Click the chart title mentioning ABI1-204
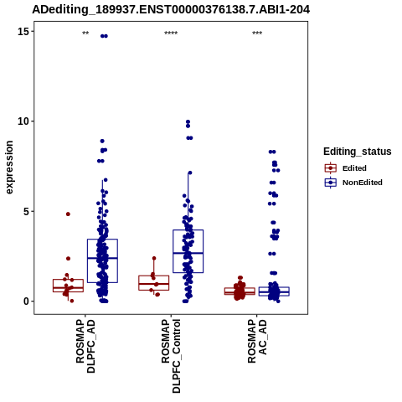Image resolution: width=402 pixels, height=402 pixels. coord(171,9)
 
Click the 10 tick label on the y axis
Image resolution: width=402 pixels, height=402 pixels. coord(23,121)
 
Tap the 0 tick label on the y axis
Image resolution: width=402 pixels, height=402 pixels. coord(26,301)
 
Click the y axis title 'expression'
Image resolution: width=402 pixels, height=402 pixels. coord(9,167)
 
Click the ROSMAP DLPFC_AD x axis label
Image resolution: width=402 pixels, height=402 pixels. coord(85,347)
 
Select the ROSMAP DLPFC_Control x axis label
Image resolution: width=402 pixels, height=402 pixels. coord(171,357)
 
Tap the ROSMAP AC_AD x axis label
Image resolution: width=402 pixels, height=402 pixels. coord(257,342)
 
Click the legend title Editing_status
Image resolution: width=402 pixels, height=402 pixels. coord(358,152)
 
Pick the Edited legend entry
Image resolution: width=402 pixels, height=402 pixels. coord(346,168)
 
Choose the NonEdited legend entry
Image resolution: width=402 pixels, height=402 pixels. coord(353,183)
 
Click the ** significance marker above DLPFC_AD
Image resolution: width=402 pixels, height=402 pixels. coord(85,33)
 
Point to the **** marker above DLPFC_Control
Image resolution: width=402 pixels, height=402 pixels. coord(171,33)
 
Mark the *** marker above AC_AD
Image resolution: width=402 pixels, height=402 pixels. coord(257,33)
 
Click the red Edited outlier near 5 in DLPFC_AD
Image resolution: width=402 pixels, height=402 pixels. coord(68,214)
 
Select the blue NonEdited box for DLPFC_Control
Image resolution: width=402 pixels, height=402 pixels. coord(188,251)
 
